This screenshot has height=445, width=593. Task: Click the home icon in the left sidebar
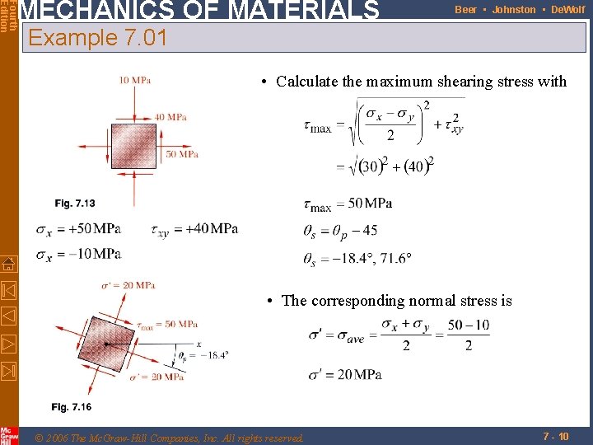[x=8, y=264]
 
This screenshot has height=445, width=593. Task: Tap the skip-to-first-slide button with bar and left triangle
[x=8, y=290]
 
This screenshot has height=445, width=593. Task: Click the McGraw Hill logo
[x=8, y=436]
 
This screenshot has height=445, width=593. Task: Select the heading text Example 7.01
[x=97, y=38]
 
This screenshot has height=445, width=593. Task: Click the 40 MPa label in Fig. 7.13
[x=170, y=117]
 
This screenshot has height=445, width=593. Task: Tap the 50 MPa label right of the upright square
[x=182, y=154]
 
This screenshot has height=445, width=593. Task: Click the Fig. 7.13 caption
[x=75, y=203]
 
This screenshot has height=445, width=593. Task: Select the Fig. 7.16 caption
[x=71, y=407]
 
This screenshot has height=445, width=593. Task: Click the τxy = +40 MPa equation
[x=195, y=228]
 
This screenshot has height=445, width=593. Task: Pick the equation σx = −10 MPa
[x=78, y=253]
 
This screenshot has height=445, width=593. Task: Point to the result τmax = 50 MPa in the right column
[x=348, y=204]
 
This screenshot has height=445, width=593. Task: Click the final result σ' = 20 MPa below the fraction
[x=345, y=375]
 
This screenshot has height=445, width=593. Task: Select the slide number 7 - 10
[x=555, y=436]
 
